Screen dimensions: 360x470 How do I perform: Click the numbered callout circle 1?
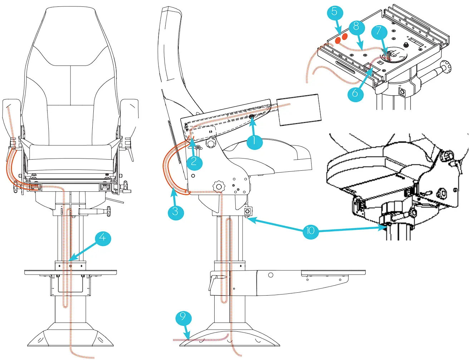(x=254, y=141)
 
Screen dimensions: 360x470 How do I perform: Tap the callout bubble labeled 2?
(x=194, y=162)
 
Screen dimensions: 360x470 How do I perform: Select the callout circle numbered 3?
(x=175, y=212)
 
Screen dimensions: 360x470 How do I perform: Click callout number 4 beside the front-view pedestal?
(x=103, y=238)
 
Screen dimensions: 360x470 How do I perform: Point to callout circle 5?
(x=335, y=12)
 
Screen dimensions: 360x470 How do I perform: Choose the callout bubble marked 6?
(x=355, y=93)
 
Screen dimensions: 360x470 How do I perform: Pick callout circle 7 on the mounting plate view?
(x=379, y=32)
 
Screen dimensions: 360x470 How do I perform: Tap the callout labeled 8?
(x=356, y=27)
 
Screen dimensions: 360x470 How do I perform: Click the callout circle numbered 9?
(x=183, y=317)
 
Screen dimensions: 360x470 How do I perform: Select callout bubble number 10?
(x=310, y=231)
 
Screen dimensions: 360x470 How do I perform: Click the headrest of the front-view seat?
(x=70, y=36)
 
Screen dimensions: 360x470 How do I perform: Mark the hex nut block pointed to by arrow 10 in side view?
(x=247, y=211)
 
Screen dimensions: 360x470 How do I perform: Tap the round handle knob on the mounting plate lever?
(x=446, y=66)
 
